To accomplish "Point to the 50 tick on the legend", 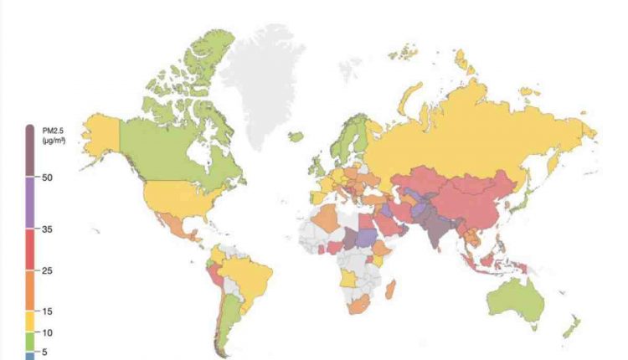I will (46, 178).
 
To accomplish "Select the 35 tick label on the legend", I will (46, 229).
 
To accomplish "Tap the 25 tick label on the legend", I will (46, 271).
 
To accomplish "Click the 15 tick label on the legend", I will (46, 311).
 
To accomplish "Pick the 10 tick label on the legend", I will (46, 332).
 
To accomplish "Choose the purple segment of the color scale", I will (30, 202).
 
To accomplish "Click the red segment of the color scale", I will (30, 249).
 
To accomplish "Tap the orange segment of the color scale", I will (30, 290).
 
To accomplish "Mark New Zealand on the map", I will (572, 327).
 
